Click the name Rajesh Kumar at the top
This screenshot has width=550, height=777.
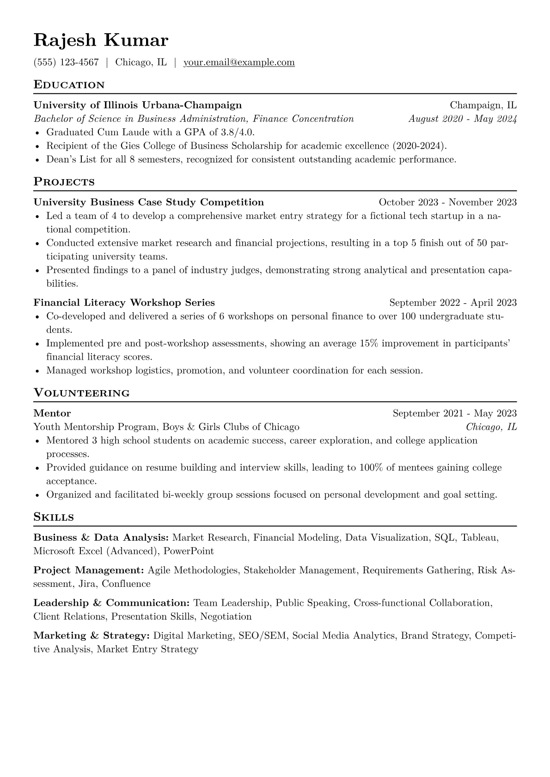[101, 41]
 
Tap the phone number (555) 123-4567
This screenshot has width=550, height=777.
[66, 62]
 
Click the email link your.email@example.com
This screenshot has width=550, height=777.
[239, 62]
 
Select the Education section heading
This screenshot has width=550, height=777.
[69, 85]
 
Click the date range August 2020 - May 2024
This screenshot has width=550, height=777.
[462, 119]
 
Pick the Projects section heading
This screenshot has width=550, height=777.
[64, 182]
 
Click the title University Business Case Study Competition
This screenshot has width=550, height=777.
[149, 202]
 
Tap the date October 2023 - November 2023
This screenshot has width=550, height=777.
[447, 202]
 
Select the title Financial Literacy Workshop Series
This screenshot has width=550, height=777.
[124, 303]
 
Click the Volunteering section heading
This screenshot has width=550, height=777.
[81, 393]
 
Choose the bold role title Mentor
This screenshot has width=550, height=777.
[52, 414]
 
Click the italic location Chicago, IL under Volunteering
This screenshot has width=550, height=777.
[491, 427]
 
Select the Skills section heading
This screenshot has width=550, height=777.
[54, 517]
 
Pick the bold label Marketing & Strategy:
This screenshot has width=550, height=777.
[92, 636]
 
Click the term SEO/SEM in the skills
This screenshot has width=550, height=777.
[263, 636]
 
